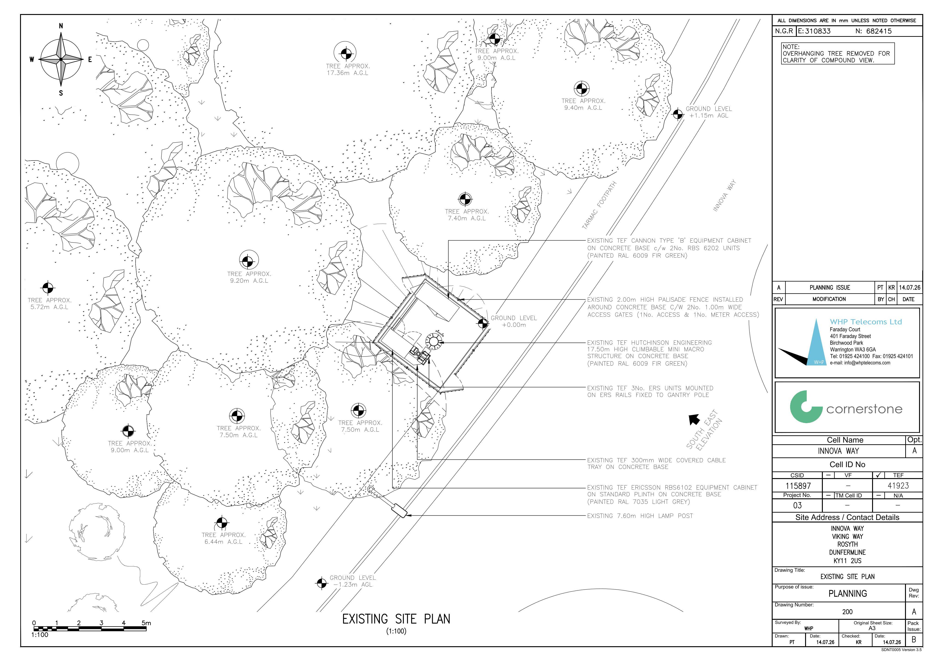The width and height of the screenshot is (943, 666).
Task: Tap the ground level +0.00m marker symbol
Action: (x=483, y=324)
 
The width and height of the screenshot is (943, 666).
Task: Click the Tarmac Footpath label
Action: (x=599, y=205)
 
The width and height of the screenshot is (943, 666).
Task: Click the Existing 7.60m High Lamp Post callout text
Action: (x=640, y=516)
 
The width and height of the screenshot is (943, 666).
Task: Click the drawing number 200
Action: (x=847, y=612)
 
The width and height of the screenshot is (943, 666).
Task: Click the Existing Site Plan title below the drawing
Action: (x=396, y=619)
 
